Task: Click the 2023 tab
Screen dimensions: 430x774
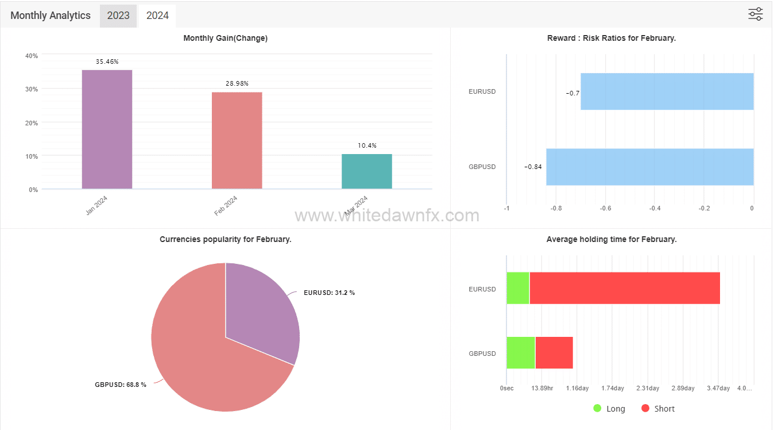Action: pos(118,16)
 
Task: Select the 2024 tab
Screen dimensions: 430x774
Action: pos(157,16)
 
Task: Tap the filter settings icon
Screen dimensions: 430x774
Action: pos(755,14)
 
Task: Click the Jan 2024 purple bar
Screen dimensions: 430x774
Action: pos(107,129)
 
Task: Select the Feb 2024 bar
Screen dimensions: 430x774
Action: pos(237,140)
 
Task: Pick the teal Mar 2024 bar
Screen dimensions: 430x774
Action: pos(366,171)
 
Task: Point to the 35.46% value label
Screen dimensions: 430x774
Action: pos(107,61)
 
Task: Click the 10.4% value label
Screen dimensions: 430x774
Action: pos(367,145)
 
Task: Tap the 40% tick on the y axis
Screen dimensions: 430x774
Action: pos(32,56)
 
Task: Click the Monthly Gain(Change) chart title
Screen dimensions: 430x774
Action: pos(225,38)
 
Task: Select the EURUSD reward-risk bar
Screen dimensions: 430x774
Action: pos(667,91)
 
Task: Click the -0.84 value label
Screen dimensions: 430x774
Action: pos(533,167)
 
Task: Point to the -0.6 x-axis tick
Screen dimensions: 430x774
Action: pos(605,208)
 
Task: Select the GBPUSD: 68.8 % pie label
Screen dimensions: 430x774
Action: pos(121,385)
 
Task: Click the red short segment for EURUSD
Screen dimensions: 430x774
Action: pos(624,288)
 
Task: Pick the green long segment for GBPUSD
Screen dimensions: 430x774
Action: pos(520,352)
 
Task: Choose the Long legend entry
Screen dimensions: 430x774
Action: pos(609,409)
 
